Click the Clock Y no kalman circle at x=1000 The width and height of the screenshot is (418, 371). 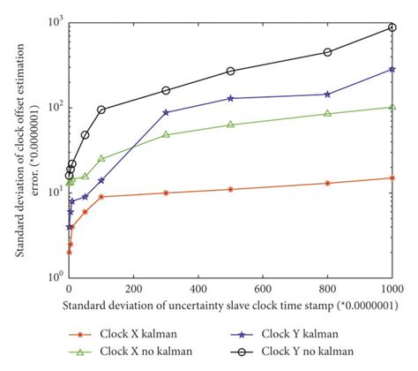392,27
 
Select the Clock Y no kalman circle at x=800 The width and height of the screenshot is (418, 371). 327,52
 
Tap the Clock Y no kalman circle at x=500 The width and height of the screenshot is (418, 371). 230,71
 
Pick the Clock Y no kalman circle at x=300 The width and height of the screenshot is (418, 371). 166,90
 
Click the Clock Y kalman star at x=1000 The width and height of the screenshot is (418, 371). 392,69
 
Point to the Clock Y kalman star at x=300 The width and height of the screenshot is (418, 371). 166,112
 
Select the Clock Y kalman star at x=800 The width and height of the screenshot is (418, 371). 327,94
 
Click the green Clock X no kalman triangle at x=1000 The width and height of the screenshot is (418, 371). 392,107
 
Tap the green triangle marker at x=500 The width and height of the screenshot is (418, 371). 230,125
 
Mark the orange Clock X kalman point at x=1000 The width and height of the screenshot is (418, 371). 392,178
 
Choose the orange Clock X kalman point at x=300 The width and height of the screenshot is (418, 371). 166,193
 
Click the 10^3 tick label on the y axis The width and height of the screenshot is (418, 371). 52,21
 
